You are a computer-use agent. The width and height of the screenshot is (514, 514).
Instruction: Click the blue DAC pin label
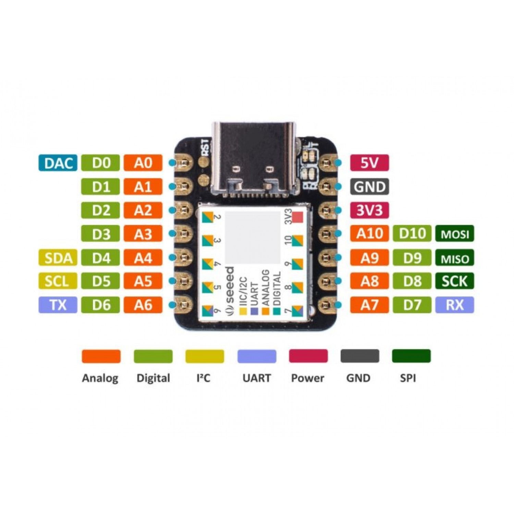pos(58,163)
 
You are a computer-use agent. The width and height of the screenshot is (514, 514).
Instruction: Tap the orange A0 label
pos(143,163)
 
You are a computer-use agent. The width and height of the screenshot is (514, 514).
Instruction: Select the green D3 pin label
pos(101,234)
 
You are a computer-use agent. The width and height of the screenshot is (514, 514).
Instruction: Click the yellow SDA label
pos(58,258)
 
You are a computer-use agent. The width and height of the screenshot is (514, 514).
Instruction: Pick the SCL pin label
pos(58,281)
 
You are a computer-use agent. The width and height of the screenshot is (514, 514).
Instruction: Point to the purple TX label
pos(58,305)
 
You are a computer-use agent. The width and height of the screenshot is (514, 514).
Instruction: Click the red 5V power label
pos(369,163)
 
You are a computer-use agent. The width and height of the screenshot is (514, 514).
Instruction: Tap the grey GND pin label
pos(369,187)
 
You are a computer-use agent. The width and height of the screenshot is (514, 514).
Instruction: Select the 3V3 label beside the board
pos(369,210)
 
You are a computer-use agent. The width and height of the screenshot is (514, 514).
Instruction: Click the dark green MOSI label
pos(455,234)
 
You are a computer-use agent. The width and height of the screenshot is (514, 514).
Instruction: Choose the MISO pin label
pos(455,258)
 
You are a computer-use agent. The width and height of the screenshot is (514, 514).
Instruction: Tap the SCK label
pos(455,281)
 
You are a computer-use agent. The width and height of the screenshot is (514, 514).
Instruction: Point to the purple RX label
pos(455,305)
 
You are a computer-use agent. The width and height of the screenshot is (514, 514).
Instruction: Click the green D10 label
pos(412,234)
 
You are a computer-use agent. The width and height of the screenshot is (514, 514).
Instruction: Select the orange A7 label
pos(369,305)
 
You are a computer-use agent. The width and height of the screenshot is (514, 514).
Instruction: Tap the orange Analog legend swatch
pos(101,356)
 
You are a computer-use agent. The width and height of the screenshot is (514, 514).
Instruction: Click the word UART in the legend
pos(257,378)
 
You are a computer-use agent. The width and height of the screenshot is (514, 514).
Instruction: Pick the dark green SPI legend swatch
pos(411,356)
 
